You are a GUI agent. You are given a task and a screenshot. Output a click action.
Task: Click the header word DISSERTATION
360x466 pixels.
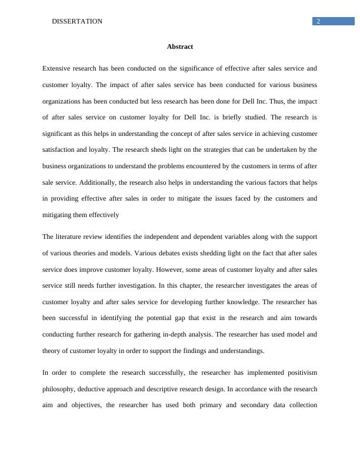point(77,21)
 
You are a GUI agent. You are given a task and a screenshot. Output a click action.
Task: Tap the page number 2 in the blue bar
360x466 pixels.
point(318,21)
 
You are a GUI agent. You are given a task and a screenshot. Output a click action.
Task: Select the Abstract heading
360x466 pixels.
point(180,46)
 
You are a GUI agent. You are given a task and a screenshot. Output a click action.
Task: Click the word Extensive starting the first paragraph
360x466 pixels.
point(59,68)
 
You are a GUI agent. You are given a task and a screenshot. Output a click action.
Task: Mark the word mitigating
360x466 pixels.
point(60,215)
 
